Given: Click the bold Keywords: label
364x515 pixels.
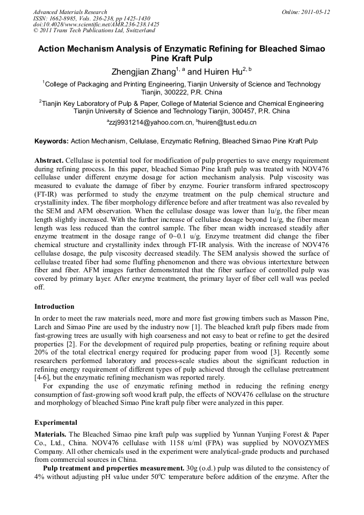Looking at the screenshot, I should tap(52, 142).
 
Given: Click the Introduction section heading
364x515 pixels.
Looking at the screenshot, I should tap(54, 307).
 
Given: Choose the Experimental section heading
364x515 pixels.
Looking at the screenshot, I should tap(56, 422).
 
